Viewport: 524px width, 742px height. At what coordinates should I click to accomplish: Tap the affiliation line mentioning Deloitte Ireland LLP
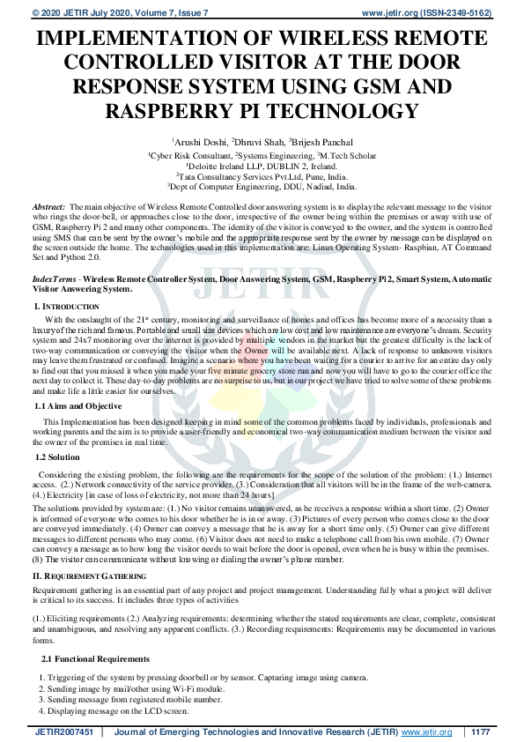click(261, 165)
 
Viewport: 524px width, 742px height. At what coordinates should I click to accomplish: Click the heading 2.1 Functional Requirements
click(95, 658)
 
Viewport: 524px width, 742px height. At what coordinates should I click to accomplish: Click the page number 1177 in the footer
click(480, 731)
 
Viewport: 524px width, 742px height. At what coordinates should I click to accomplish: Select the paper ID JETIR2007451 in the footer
click(63, 731)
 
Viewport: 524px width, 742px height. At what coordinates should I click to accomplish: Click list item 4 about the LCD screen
click(115, 709)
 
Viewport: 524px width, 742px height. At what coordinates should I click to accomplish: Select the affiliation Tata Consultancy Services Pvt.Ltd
click(262, 175)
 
